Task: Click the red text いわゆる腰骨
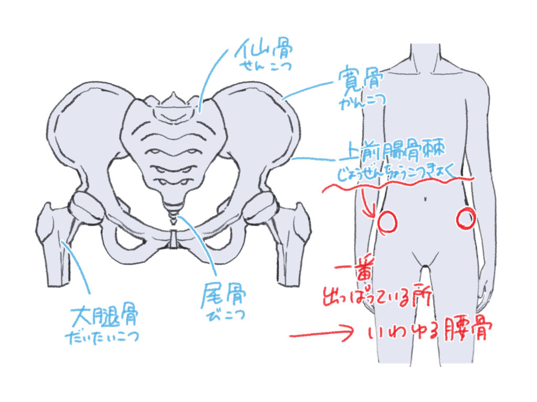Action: (431, 332)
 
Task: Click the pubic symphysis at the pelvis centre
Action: (174, 238)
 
